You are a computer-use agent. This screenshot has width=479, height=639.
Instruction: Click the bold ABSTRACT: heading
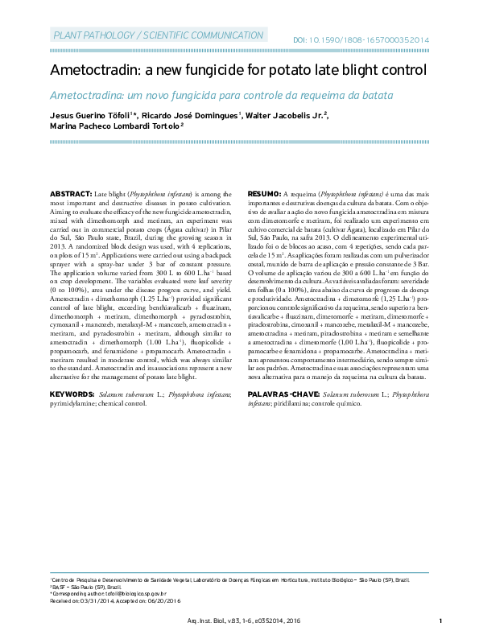click(71, 195)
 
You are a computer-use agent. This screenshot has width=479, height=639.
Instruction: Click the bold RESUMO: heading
click(263, 195)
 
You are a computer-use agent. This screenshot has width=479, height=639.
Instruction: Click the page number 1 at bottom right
click(440, 620)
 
